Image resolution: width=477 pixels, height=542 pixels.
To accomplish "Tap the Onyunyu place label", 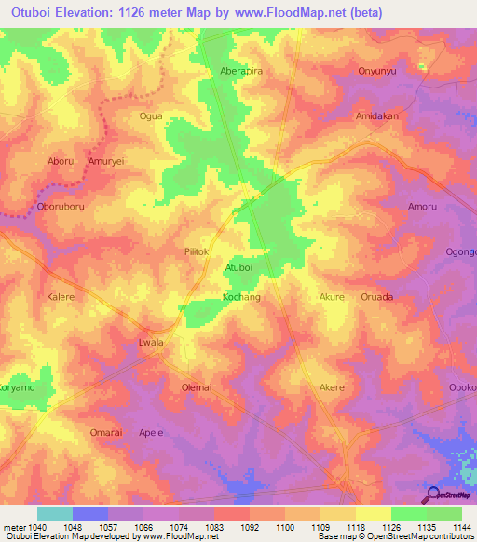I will click(x=377, y=71).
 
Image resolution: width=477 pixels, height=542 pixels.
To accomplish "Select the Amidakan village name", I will click(x=376, y=116).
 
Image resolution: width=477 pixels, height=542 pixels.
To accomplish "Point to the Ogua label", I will click(x=150, y=116).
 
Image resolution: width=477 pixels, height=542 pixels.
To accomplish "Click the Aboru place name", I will click(x=61, y=161).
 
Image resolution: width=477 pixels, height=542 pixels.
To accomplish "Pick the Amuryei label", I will click(x=105, y=161).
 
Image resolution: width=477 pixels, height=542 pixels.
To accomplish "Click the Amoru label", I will click(x=422, y=207).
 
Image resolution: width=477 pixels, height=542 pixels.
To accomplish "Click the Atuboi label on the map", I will click(x=239, y=268).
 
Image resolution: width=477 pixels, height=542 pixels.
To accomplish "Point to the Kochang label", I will click(x=240, y=297).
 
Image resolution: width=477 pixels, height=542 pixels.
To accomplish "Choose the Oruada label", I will click(x=376, y=297).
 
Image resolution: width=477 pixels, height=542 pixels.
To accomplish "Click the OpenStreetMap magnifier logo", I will click(x=432, y=495).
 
